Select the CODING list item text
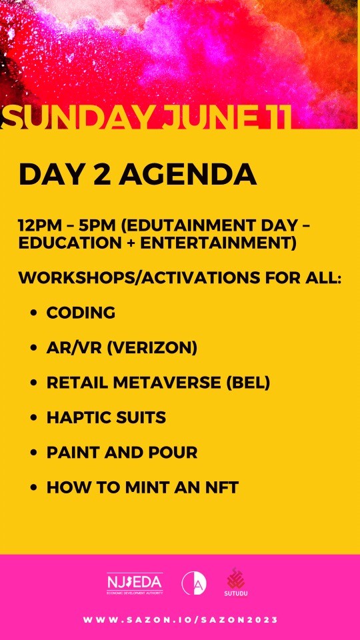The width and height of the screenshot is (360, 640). (81, 313)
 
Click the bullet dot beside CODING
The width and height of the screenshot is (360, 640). (33, 313)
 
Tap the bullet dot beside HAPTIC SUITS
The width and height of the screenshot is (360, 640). (33, 418)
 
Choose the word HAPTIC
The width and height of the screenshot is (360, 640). (75, 417)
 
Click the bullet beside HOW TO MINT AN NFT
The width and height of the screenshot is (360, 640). (33, 488)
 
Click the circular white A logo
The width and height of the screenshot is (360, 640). (194, 583)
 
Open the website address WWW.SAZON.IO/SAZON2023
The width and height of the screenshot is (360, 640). (180, 620)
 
